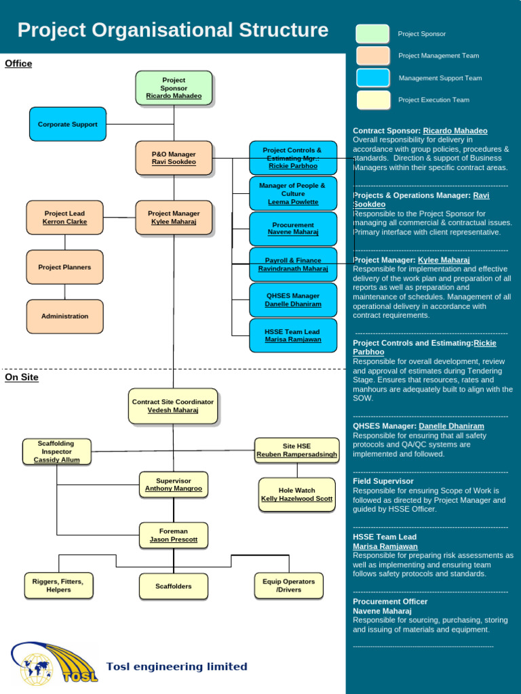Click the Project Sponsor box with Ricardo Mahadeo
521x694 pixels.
click(174, 88)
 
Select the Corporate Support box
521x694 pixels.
click(68, 125)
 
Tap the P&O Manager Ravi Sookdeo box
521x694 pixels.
click(174, 159)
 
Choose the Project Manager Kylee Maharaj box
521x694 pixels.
click(174, 218)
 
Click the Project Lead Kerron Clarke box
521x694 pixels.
click(65, 218)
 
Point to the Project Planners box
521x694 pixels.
click(65, 267)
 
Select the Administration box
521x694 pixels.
click(65, 317)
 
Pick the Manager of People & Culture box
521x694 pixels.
click(293, 194)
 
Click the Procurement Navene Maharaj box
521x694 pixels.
click(293, 229)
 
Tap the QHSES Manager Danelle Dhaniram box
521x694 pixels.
click(293, 300)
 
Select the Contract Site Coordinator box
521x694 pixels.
click(173, 406)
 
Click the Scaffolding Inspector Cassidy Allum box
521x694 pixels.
click(57, 451)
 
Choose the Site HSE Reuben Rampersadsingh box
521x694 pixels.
click(296, 451)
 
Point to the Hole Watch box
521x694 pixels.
click(296, 495)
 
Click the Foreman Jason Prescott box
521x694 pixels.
click(174, 535)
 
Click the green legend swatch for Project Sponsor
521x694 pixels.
click(372, 34)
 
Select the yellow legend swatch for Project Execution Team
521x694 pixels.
click(372, 100)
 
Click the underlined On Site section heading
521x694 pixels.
click(22, 377)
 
